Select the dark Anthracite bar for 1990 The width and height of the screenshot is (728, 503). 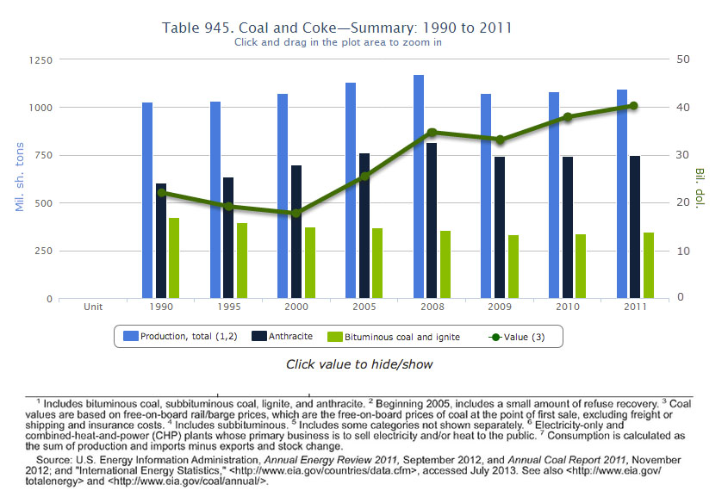click(x=161, y=241)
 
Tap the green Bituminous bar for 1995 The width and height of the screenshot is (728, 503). click(x=242, y=261)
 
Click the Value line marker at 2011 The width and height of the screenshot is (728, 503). click(x=633, y=106)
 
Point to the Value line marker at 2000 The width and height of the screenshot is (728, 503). click(x=296, y=213)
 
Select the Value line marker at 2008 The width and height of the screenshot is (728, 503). click(x=432, y=133)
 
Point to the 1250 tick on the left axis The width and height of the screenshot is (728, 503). click(x=40, y=60)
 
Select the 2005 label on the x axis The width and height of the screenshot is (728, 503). click(x=364, y=307)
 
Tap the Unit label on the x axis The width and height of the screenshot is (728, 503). click(x=93, y=307)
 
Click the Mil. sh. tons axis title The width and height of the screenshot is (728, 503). click(x=18, y=179)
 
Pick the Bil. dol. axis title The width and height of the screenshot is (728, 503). click(x=700, y=188)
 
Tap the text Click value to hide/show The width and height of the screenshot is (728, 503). click(x=359, y=364)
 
